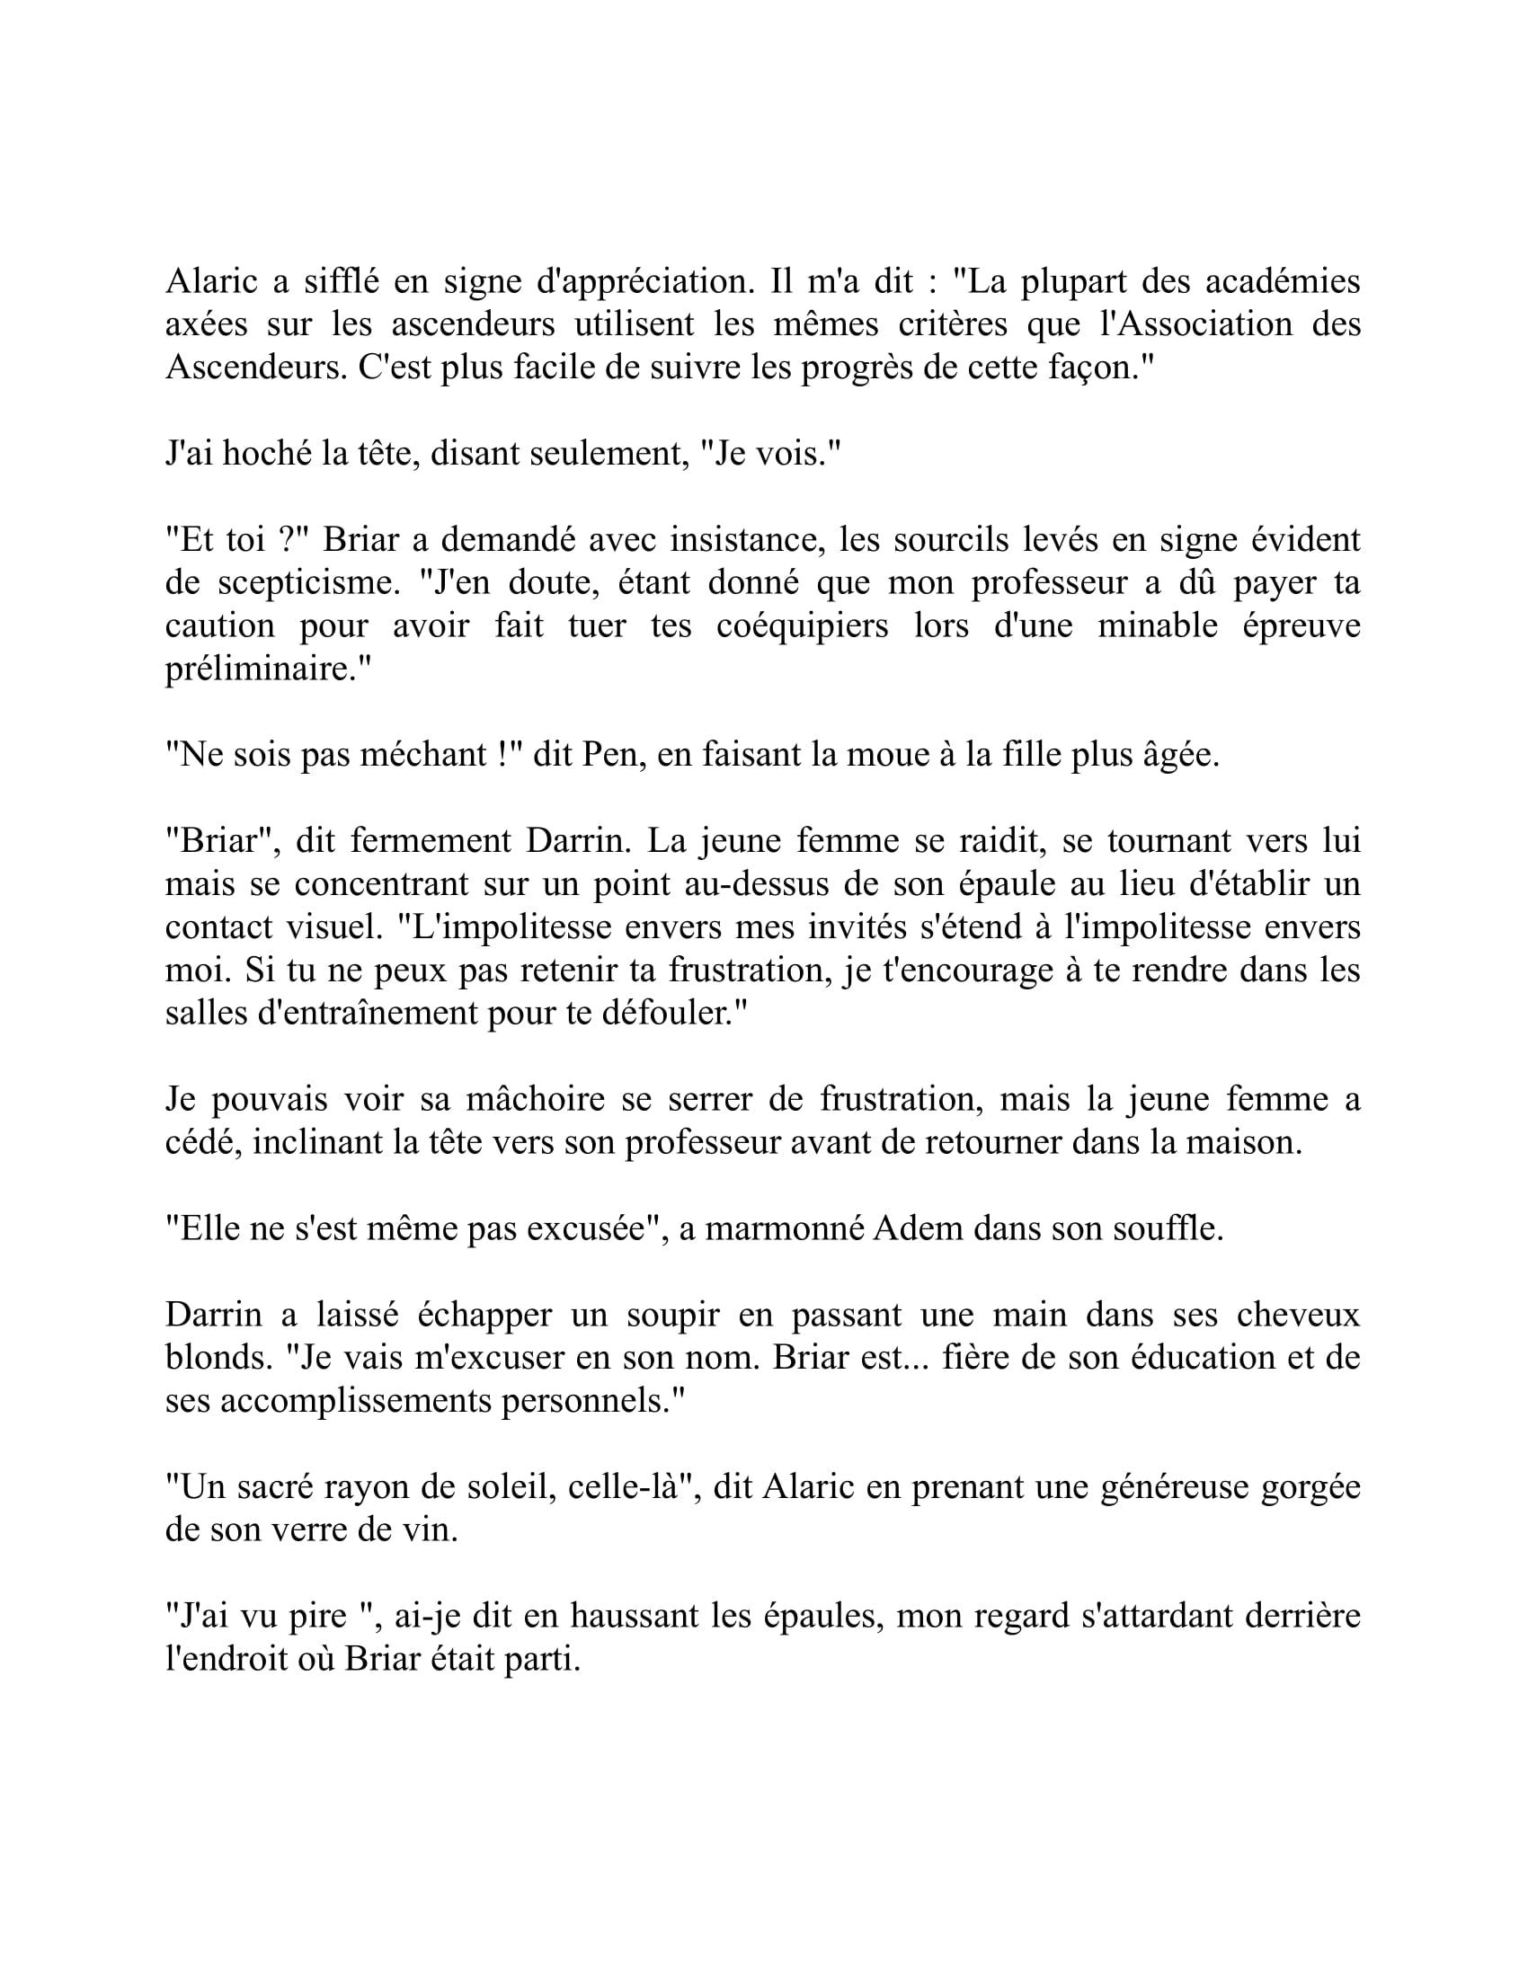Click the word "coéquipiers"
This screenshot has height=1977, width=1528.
(802, 625)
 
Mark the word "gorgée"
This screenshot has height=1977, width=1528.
(1309, 1486)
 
